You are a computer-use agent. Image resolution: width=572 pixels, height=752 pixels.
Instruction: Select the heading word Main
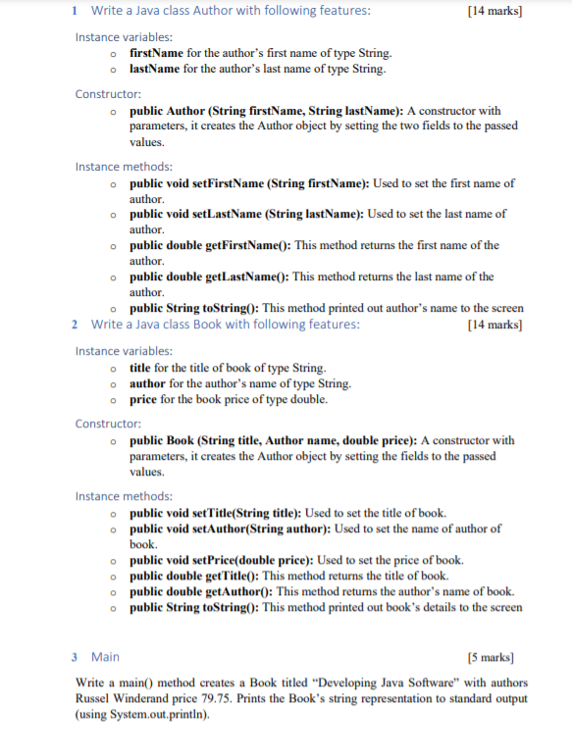click(105, 656)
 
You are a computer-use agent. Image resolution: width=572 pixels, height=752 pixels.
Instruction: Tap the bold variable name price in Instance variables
click(143, 400)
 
